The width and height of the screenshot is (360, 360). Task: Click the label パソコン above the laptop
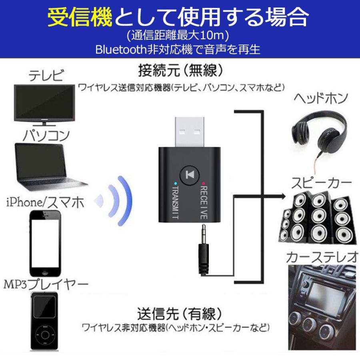[x=46, y=135]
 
